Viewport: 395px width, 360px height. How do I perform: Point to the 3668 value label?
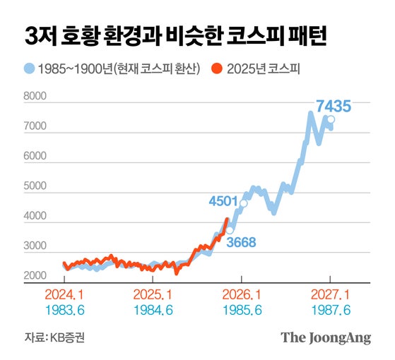(x=240, y=242)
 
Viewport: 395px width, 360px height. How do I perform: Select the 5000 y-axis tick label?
(x=35, y=193)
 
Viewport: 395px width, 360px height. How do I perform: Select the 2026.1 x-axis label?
(x=243, y=295)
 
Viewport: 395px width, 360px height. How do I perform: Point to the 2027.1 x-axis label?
(x=330, y=295)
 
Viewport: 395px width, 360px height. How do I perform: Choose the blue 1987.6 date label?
(x=330, y=309)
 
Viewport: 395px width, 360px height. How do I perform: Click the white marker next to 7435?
(x=331, y=120)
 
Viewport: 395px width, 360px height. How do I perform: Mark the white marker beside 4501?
(x=244, y=203)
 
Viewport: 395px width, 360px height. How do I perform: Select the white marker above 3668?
(x=230, y=229)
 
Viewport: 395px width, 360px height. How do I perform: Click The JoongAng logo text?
(x=326, y=338)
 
